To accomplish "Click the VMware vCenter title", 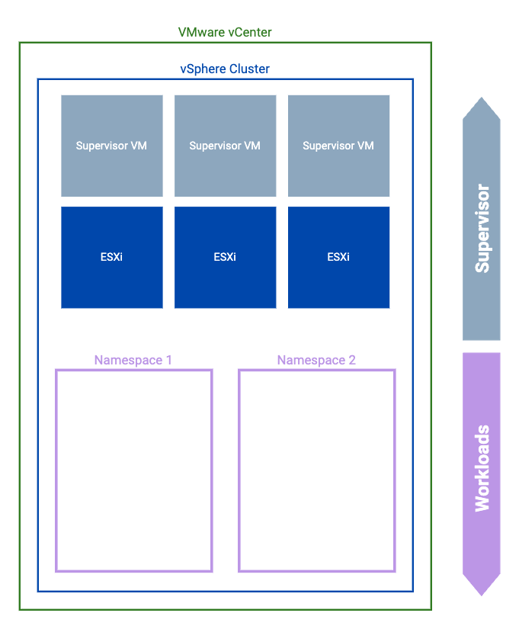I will [x=225, y=32].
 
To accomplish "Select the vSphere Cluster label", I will [x=225, y=69].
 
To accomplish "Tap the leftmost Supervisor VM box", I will [x=112, y=146].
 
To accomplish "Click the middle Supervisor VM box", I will [x=225, y=146].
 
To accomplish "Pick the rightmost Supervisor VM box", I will [x=338, y=146].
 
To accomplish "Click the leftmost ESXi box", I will [x=112, y=257].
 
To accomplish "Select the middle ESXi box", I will [x=225, y=257].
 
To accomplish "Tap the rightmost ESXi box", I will [x=338, y=257].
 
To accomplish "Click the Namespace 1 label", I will [x=133, y=360].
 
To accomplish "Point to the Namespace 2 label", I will [x=316, y=360].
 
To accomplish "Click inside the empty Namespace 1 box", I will [x=133, y=470].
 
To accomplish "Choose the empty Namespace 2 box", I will [x=316, y=470].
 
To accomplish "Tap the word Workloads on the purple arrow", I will [x=482, y=468].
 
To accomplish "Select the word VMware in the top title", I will [x=201, y=32].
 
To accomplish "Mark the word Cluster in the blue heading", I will [x=248, y=69].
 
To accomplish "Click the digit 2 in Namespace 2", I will [x=351, y=360].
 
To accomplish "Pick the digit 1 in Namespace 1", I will [x=168, y=360].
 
